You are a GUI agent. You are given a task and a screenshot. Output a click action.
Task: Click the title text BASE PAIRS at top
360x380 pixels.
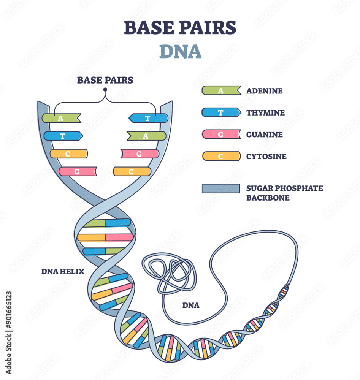[180, 28]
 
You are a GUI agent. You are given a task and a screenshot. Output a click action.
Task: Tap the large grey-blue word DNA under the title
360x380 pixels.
[180, 52]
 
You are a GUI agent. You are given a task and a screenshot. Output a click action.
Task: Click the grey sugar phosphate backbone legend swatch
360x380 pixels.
[221, 188]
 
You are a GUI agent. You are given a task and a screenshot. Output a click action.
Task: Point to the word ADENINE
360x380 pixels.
[264, 91]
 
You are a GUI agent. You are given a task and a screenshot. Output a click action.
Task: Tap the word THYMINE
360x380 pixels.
[265, 112]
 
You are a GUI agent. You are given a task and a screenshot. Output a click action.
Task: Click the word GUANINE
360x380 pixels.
[264, 134]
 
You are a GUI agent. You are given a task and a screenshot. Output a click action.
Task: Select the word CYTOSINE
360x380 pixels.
[266, 156]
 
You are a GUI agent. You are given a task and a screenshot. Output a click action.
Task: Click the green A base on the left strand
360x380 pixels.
[61, 118]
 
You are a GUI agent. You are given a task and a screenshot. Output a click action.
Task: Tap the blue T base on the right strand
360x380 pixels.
[148, 118]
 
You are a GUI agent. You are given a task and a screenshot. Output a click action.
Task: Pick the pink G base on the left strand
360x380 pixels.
[77, 171]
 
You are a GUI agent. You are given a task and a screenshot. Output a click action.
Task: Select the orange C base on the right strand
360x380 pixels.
[132, 171]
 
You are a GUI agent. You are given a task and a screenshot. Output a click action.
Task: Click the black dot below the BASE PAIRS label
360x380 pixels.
[105, 90]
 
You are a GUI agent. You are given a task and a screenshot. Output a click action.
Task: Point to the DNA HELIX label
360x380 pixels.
[63, 271]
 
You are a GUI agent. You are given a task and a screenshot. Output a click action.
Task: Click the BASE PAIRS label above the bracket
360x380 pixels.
[105, 80]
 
